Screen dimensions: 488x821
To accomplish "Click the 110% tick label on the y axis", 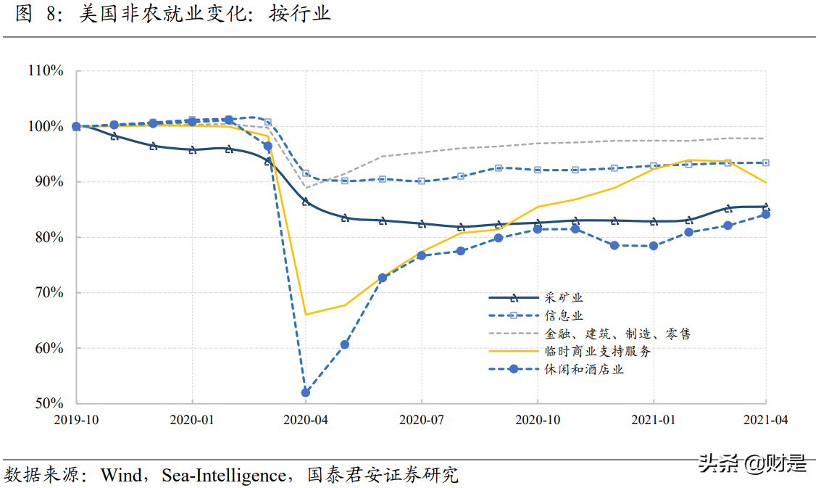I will tap(46, 71).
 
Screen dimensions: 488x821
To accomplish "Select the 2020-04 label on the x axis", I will tap(307, 419).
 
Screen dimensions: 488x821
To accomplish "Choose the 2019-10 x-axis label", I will tap(77, 419).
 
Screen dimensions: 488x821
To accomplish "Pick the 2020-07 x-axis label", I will tap(422, 419).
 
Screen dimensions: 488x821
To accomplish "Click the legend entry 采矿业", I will tap(564, 297).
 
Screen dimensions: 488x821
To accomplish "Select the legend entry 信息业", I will tap(564, 315).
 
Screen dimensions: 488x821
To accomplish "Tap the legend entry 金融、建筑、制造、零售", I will tap(617, 334).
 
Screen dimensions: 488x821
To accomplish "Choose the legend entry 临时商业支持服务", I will tap(598, 351).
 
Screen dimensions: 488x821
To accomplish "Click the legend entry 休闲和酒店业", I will tap(584, 369).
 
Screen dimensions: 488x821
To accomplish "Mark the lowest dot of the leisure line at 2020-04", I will tap(306, 392).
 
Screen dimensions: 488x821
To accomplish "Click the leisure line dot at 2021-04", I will tap(766, 214).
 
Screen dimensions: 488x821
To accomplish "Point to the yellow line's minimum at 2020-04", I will tap(306, 314).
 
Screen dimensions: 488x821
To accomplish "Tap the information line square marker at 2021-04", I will tap(766, 162).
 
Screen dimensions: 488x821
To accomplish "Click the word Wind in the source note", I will tap(121, 476).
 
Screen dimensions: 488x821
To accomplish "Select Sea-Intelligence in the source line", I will tap(223, 476).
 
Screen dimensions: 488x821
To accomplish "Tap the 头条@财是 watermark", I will tap(751, 462).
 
